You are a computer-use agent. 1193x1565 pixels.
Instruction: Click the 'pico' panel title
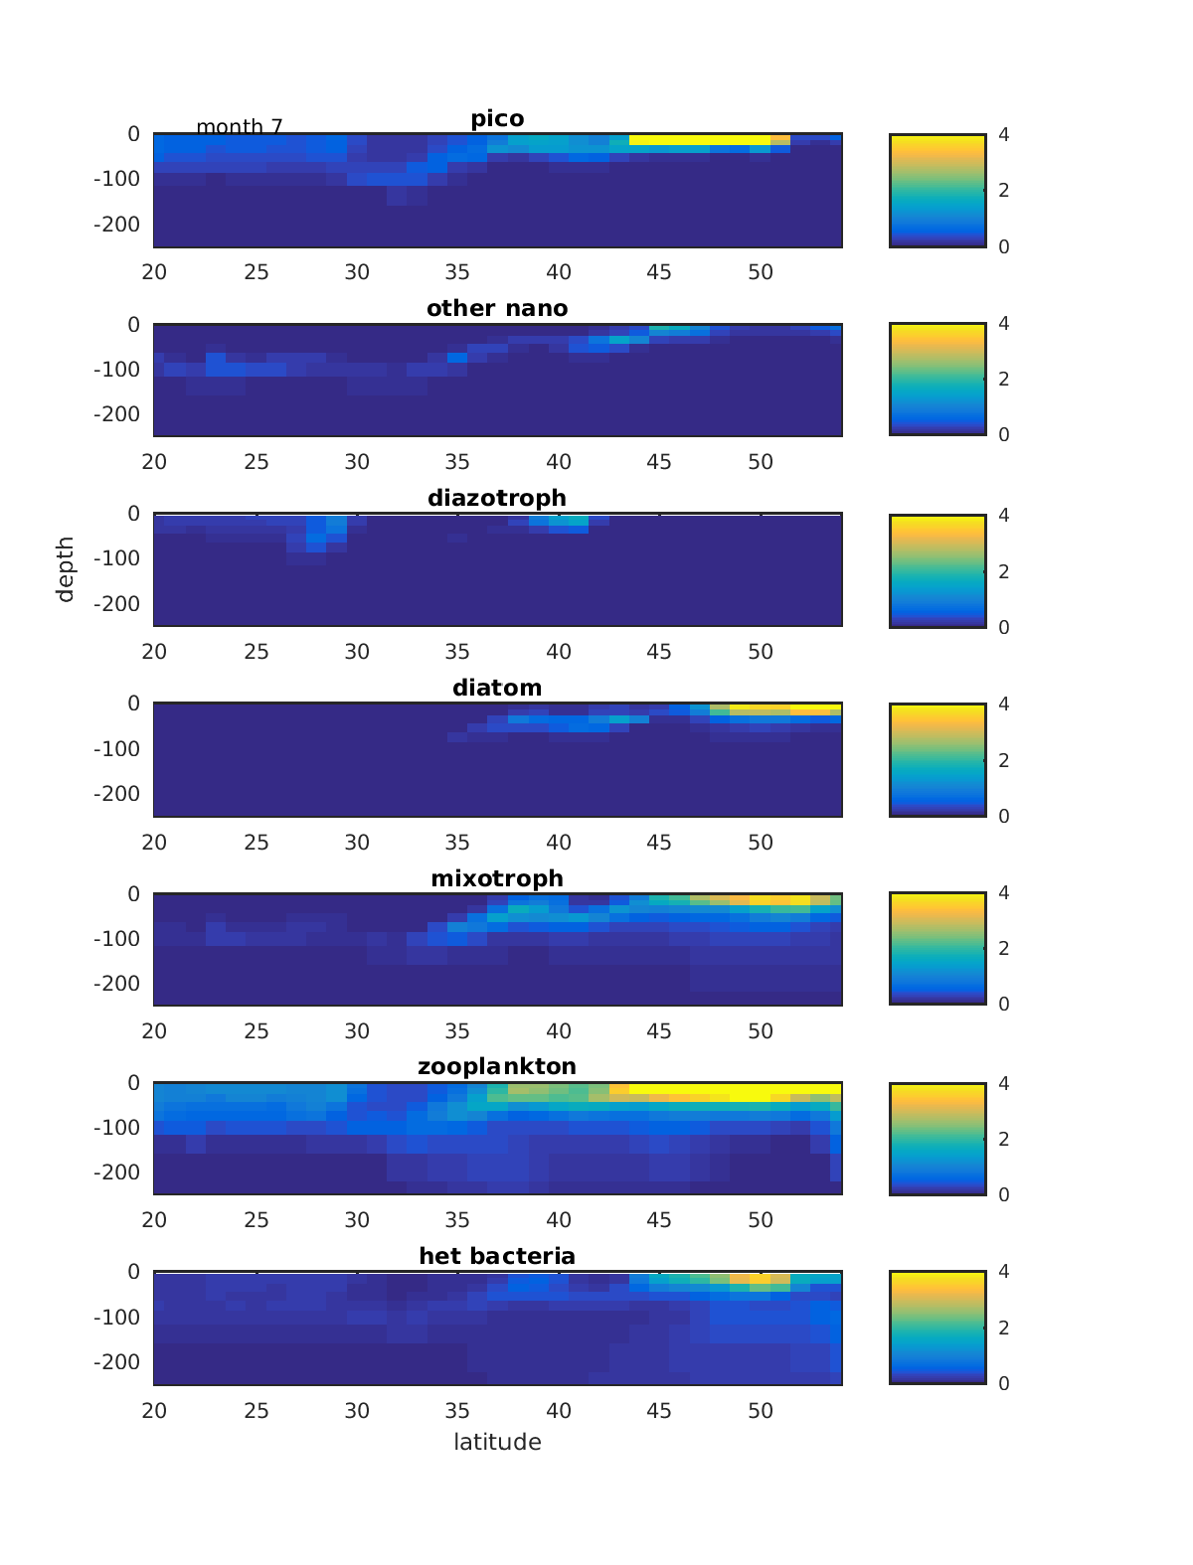click(497, 119)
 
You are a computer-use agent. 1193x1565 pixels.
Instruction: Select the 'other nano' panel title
click(497, 308)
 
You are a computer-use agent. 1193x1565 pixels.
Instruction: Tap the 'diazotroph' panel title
click(497, 498)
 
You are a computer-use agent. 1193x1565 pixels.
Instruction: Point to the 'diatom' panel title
click(497, 688)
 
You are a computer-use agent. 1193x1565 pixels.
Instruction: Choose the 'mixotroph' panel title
click(497, 878)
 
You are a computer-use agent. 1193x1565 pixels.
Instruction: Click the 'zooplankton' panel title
click(497, 1066)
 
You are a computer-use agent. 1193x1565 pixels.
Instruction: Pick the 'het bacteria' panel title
click(497, 1256)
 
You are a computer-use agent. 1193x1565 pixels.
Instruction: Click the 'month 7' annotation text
click(240, 127)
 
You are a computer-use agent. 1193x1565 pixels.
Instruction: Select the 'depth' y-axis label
click(66, 568)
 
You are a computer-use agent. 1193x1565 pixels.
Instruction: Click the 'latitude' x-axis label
click(497, 1442)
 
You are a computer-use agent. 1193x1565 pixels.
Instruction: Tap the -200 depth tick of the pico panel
click(116, 224)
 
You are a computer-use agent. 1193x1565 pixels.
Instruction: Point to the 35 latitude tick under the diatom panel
click(457, 843)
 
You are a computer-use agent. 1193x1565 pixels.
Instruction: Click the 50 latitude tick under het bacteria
click(761, 1410)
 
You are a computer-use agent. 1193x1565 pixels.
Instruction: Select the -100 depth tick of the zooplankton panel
click(116, 1128)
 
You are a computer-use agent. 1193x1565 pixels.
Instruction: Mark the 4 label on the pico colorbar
click(1004, 134)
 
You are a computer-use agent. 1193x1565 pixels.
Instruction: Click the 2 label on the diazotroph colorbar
click(1004, 571)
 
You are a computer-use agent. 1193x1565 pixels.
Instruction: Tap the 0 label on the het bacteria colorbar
click(1004, 1383)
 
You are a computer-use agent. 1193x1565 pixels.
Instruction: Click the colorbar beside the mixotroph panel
click(937, 948)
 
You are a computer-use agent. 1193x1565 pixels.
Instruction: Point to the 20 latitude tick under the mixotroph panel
click(154, 1031)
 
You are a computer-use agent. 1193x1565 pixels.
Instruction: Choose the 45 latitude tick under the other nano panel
click(659, 462)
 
